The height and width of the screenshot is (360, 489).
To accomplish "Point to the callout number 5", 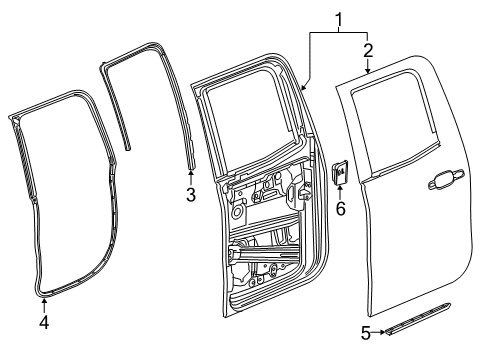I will coord(365,334).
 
